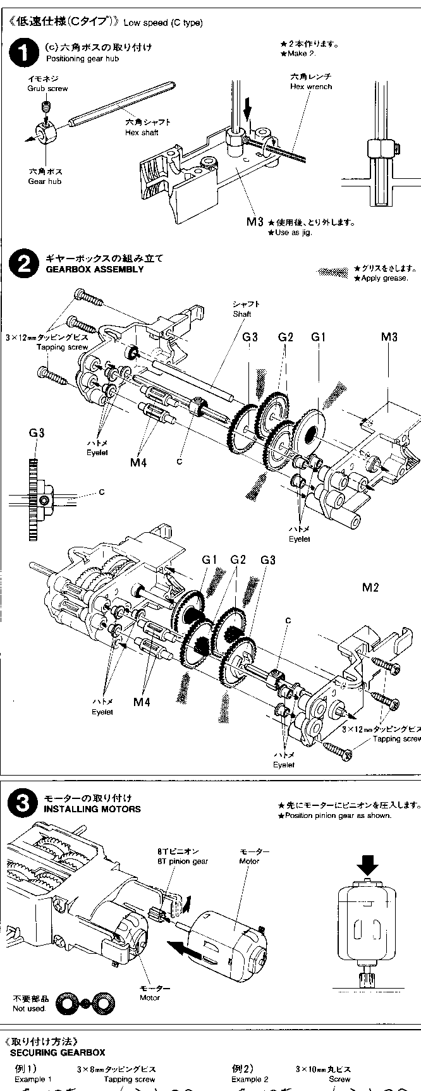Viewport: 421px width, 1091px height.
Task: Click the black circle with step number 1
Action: pos(24,53)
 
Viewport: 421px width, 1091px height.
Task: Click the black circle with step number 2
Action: pos(24,264)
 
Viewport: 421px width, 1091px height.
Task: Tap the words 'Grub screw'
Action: pos(47,88)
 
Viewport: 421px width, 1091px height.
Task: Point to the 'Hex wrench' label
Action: pos(310,86)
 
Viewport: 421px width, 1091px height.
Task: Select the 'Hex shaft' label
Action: pos(142,133)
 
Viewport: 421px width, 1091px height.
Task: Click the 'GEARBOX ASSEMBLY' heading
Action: pos(95,269)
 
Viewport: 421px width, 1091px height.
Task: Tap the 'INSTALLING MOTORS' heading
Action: pos(92,809)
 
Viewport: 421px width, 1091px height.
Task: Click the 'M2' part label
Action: pos(370,588)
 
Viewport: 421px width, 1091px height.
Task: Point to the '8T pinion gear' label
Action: pos(183,861)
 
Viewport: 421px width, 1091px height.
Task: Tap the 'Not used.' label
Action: pos(29,1009)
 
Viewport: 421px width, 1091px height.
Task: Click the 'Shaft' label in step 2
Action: pos(241,314)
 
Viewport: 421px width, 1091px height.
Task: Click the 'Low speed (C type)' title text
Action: pos(163,23)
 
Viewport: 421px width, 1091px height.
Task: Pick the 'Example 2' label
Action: pos(250,1080)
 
